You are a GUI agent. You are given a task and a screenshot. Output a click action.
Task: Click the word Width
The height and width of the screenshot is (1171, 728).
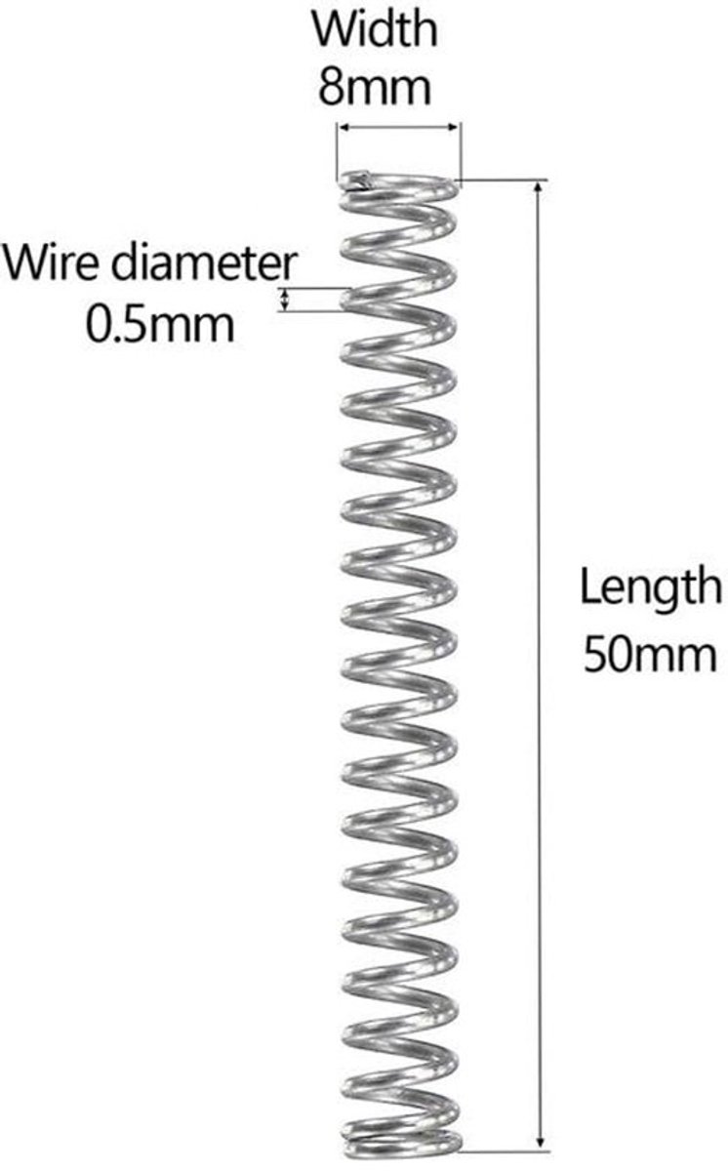[375, 30]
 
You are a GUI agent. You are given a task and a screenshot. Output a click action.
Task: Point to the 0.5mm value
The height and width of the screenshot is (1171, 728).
[160, 325]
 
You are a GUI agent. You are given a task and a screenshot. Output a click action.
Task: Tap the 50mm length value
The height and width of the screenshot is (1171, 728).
[650, 654]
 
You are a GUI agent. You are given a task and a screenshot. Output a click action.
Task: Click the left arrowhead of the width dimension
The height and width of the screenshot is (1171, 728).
[344, 127]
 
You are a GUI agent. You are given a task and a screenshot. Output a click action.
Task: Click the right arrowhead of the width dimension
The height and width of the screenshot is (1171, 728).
[453, 127]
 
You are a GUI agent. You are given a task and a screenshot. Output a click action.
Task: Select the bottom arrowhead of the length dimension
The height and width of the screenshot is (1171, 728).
[541, 1141]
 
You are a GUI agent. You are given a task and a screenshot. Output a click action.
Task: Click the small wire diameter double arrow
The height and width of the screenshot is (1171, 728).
[284, 300]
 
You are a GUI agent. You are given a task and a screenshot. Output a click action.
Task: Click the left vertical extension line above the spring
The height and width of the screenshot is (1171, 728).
[337, 151]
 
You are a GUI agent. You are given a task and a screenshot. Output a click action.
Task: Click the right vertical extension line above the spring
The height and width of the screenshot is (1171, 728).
[461, 151]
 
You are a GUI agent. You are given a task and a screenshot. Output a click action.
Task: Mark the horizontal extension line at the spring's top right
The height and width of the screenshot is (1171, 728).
[504, 181]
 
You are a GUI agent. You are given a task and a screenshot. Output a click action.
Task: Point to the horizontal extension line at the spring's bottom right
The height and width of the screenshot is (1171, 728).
[505, 1151]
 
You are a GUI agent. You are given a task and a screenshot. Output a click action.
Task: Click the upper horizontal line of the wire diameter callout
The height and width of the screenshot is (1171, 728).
[313, 288]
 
